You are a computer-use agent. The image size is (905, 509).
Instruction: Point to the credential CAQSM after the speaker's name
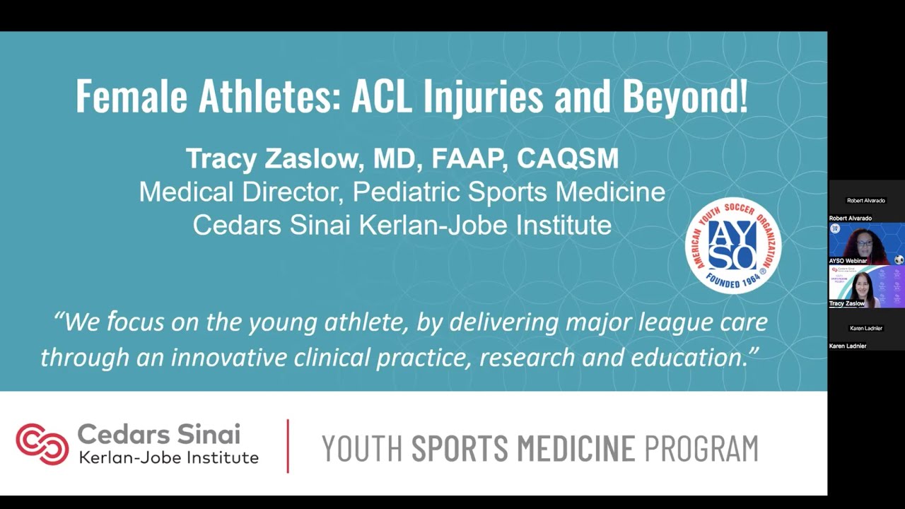pos(568,159)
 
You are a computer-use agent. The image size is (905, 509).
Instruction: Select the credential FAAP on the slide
pos(469,159)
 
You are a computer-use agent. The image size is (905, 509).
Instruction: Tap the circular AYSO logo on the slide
pos(732,245)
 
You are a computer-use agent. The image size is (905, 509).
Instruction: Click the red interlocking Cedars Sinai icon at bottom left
pos(42,444)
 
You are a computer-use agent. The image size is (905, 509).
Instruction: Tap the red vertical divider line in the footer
pos(288,445)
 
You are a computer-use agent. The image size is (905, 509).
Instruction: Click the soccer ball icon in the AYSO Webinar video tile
pos(899,259)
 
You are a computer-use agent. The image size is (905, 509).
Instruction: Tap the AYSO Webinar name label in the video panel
pos(848,261)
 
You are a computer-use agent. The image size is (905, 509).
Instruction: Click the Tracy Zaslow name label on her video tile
pos(847,303)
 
